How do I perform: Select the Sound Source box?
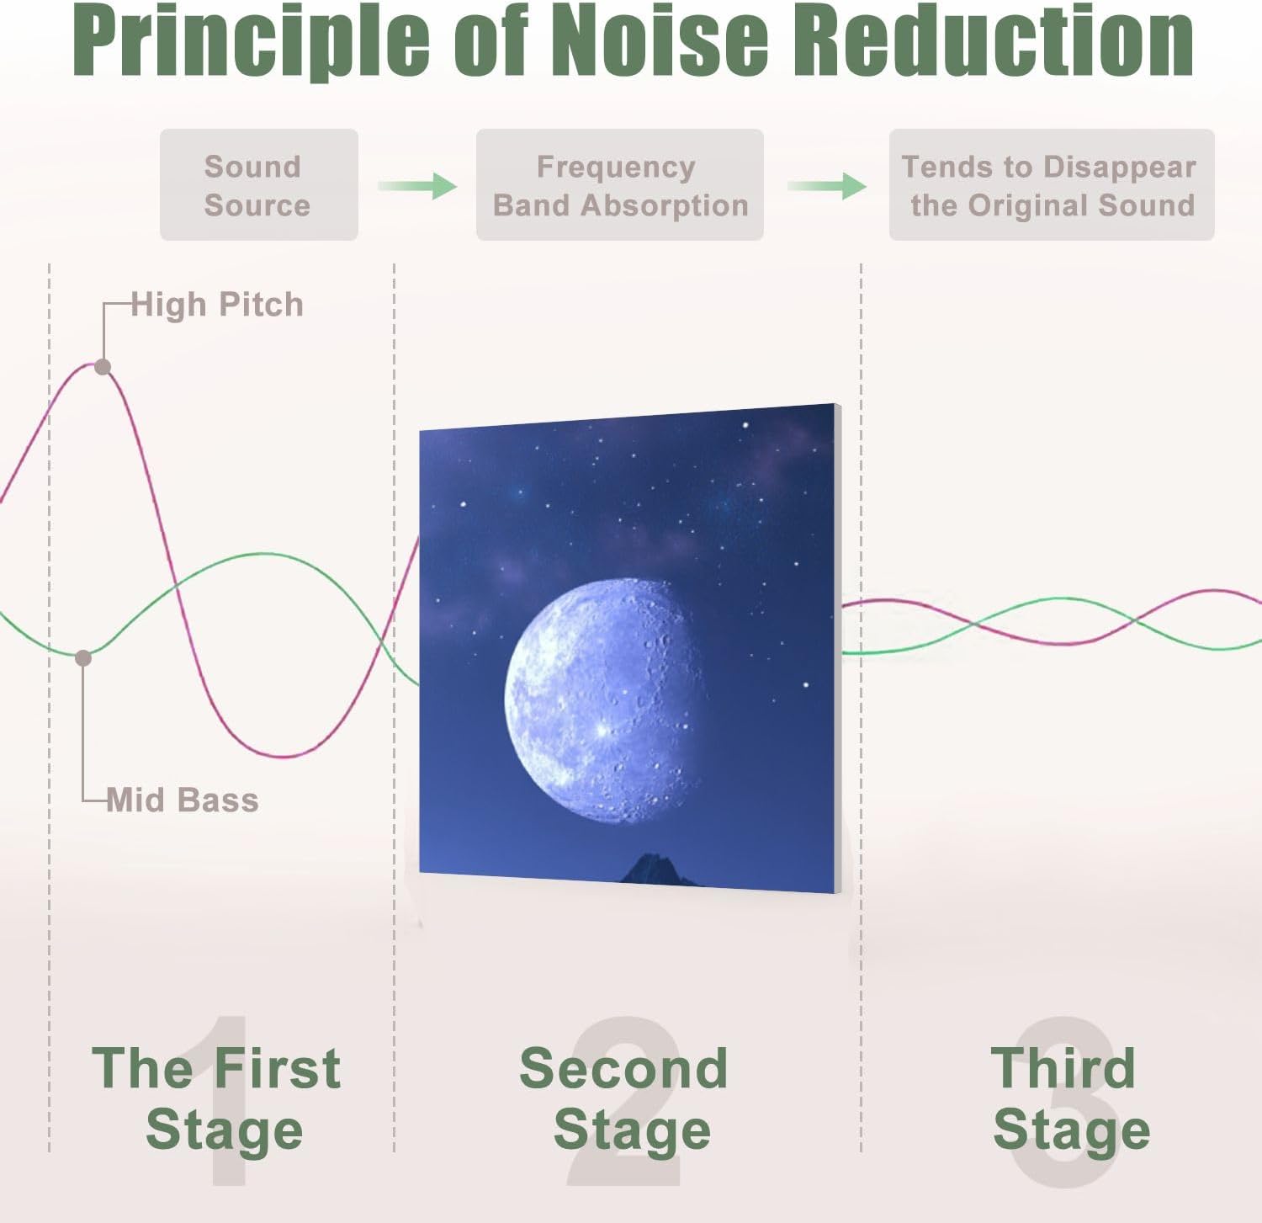tap(259, 185)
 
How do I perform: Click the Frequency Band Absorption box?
tap(620, 185)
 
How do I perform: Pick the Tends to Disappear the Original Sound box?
tap(1052, 185)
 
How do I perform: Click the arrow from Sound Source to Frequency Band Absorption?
tap(417, 185)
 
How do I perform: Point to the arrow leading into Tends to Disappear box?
tap(827, 185)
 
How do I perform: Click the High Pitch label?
tap(217, 305)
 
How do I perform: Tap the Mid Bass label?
tap(183, 800)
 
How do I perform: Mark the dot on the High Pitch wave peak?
tap(103, 367)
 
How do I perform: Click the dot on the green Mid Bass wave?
tap(83, 658)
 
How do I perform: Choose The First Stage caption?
tap(217, 1099)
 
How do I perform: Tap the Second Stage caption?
tap(624, 1099)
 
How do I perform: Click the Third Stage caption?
tap(1068, 1099)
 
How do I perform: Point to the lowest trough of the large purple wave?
tap(286, 756)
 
